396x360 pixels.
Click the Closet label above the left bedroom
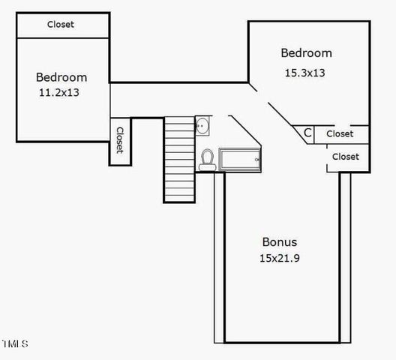tap(61, 24)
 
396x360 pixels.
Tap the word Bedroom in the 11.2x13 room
tap(61, 77)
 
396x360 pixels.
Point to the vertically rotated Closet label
tap(120, 140)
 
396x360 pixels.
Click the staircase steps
tap(179, 157)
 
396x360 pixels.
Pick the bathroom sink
tap(202, 126)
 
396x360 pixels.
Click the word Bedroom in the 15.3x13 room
tap(306, 52)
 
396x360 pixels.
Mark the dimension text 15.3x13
tap(305, 73)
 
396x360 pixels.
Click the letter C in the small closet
tap(307, 133)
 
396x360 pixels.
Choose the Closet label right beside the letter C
tap(340, 133)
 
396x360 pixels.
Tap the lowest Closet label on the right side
tap(345, 157)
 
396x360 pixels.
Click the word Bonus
tap(279, 241)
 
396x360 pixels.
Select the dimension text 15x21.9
tap(279, 257)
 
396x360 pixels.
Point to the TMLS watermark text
tap(15, 344)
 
